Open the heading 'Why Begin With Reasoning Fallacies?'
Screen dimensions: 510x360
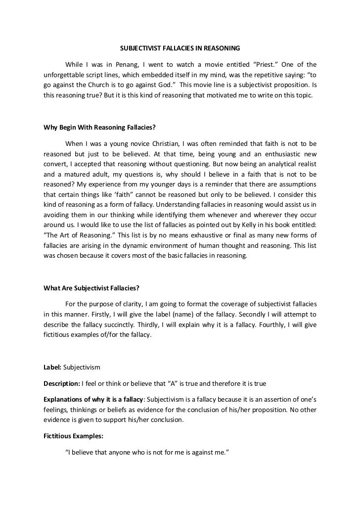point(100,127)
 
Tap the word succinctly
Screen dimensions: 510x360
point(137,325)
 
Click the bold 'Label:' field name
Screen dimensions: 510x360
point(53,368)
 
